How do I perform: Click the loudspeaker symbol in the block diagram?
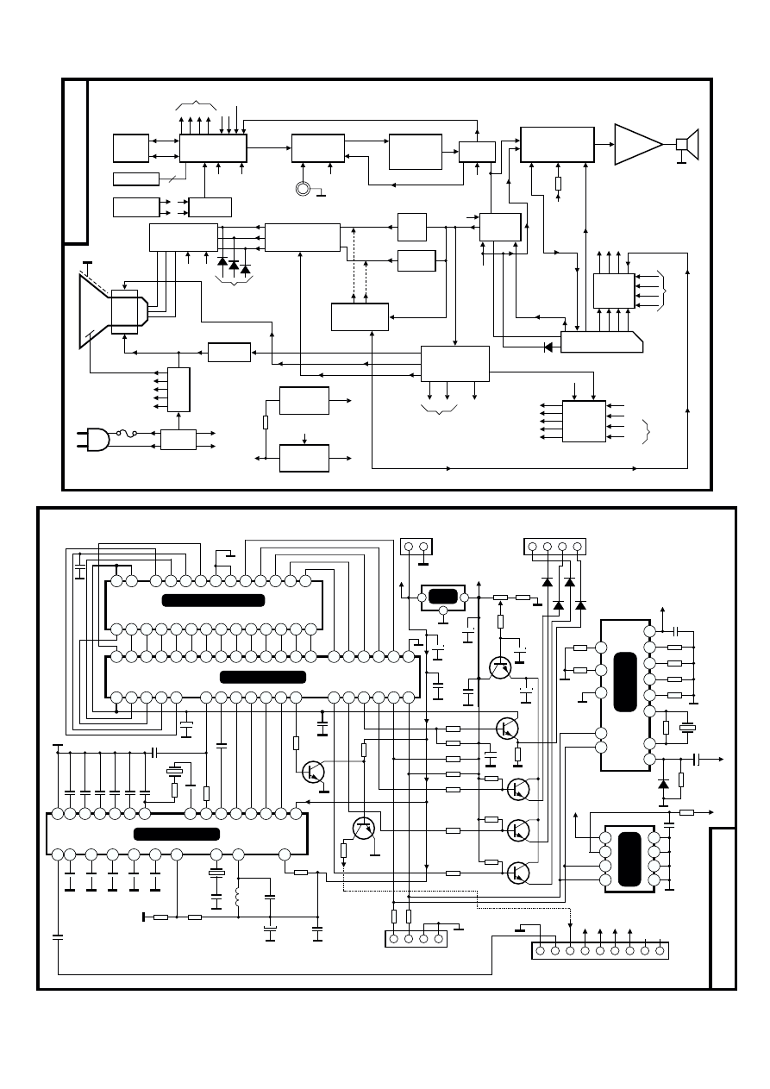pyautogui.click(x=687, y=144)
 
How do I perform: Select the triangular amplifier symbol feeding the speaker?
pyautogui.click(x=636, y=144)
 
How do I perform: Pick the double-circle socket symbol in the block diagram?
pyautogui.click(x=303, y=188)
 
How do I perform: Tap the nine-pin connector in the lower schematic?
pyautogui.click(x=600, y=950)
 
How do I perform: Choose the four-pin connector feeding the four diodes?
pyautogui.click(x=554, y=547)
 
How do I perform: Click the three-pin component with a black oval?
pyautogui.click(x=441, y=598)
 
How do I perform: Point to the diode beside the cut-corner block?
pyautogui.click(x=548, y=347)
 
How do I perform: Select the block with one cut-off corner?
pyautogui.click(x=601, y=341)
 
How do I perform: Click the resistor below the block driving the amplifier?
pyautogui.click(x=558, y=184)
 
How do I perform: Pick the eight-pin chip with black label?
pyautogui.click(x=630, y=857)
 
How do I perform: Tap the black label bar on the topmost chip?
pyautogui.click(x=213, y=600)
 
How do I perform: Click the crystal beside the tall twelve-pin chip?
pyautogui.click(x=688, y=728)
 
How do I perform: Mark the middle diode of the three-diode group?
pyautogui.click(x=234, y=264)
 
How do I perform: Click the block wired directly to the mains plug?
pyautogui.click(x=178, y=439)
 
